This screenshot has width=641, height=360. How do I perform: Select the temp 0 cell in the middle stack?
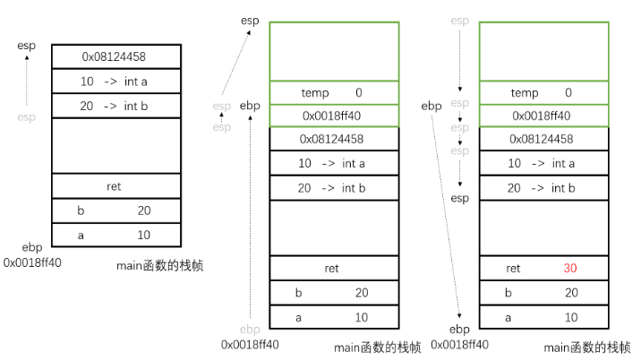[334, 93]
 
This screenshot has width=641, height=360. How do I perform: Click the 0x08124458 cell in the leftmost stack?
[115, 56]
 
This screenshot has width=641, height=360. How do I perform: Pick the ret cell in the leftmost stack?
[115, 186]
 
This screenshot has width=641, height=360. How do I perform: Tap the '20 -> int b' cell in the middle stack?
[334, 188]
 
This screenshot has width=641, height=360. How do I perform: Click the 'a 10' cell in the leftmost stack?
[115, 234]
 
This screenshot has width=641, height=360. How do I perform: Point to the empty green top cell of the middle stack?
[334, 51]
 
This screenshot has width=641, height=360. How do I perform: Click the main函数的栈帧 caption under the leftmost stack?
[159, 265]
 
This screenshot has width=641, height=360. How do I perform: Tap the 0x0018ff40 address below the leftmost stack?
[32, 262]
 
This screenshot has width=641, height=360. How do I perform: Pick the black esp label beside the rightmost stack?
[459, 198]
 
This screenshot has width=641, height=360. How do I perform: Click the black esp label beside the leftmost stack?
[26, 46]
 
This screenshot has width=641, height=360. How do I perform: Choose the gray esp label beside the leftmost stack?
[26, 116]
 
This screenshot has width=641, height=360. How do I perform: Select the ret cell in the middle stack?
[334, 268]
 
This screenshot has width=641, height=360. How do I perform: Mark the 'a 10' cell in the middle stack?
[334, 317]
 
